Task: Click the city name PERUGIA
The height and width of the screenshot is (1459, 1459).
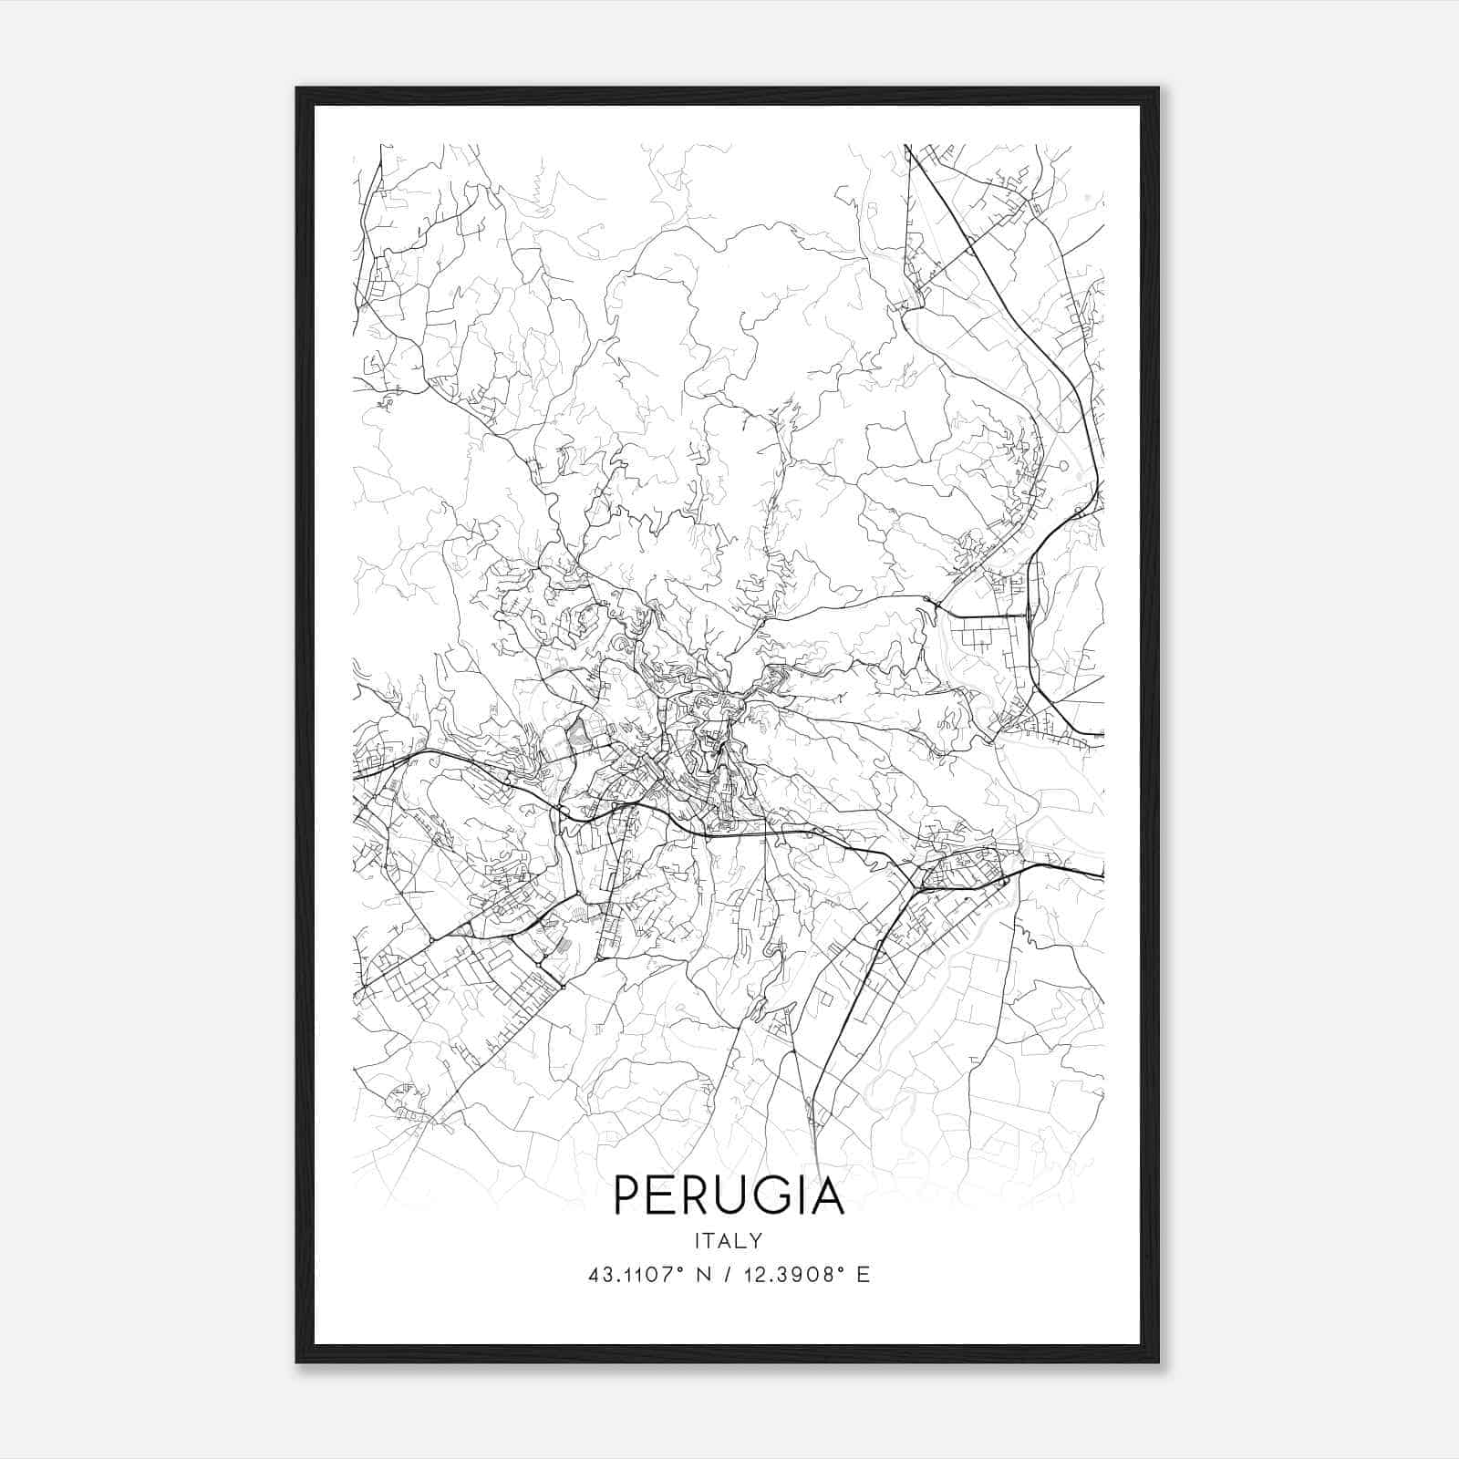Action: [729, 1195]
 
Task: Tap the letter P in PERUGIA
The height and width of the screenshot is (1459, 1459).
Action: [628, 1195]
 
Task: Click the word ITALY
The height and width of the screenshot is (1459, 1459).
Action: [729, 1241]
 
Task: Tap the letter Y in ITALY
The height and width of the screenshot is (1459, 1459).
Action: [756, 1241]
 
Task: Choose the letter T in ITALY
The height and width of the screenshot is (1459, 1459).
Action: [709, 1241]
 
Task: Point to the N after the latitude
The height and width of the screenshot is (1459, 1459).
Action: [702, 1275]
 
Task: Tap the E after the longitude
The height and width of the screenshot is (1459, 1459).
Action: [863, 1275]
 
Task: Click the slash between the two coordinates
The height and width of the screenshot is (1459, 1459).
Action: [728, 1275]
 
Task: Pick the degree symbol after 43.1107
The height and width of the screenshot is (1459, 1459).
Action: [678, 1268]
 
